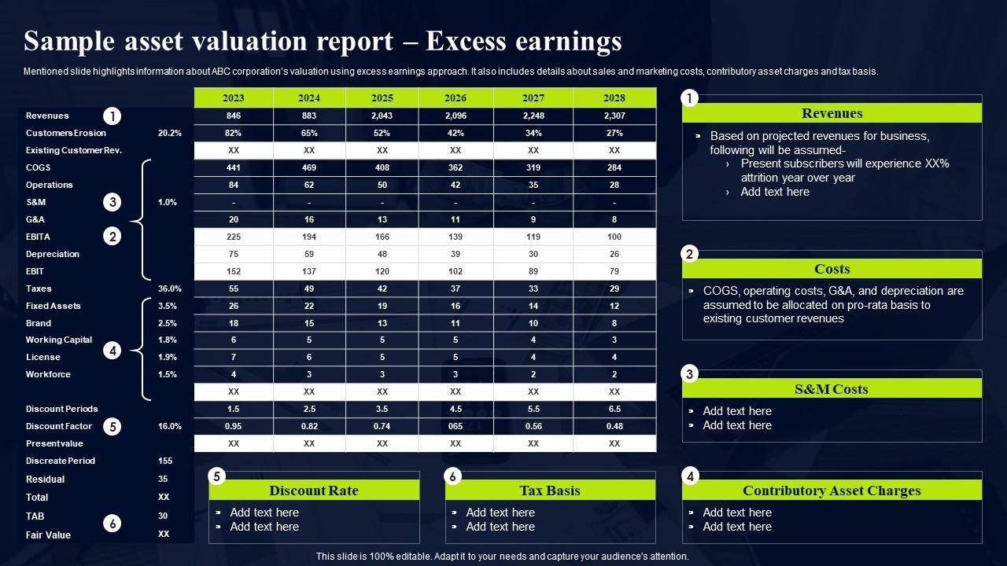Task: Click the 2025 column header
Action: point(382,97)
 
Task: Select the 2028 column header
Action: point(614,97)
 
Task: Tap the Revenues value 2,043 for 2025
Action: point(382,116)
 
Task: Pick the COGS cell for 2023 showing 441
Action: point(234,167)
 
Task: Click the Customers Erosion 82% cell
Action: point(234,133)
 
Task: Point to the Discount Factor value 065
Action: point(456,426)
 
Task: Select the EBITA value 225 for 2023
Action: point(234,237)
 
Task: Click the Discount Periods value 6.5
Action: point(614,409)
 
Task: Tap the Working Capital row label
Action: point(59,340)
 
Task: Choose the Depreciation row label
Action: point(53,254)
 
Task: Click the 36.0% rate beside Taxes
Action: point(170,289)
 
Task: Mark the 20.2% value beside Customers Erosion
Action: point(170,133)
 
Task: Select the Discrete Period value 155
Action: point(164,461)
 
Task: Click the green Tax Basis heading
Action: point(550,491)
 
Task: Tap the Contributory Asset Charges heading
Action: point(832,491)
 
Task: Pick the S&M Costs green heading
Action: point(832,389)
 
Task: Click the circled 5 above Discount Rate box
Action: point(217,476)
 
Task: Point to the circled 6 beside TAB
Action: point(113,524)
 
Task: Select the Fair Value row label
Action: point(48,535)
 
